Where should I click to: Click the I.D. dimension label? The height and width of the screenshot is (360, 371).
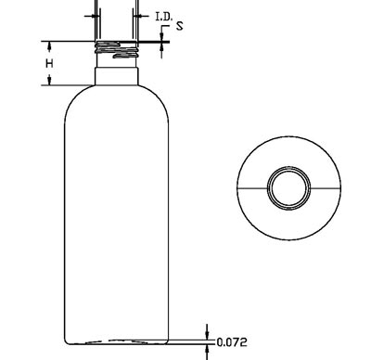(163, 17)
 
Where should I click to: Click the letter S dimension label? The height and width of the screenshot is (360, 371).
(180, 26)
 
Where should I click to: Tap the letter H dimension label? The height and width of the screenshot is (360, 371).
(49, 64)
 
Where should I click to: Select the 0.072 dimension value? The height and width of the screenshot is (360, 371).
(232, 342)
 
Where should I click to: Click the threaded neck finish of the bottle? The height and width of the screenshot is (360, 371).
(116, 50)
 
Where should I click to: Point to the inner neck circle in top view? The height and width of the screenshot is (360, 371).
(288, 188)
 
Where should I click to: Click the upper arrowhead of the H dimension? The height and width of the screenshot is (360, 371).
(49, 45)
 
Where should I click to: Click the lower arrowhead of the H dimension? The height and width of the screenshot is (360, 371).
(49, 81)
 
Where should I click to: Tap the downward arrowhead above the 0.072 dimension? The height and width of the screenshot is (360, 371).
(207, 335)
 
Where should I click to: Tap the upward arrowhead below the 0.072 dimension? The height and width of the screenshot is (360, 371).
(207, 349)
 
